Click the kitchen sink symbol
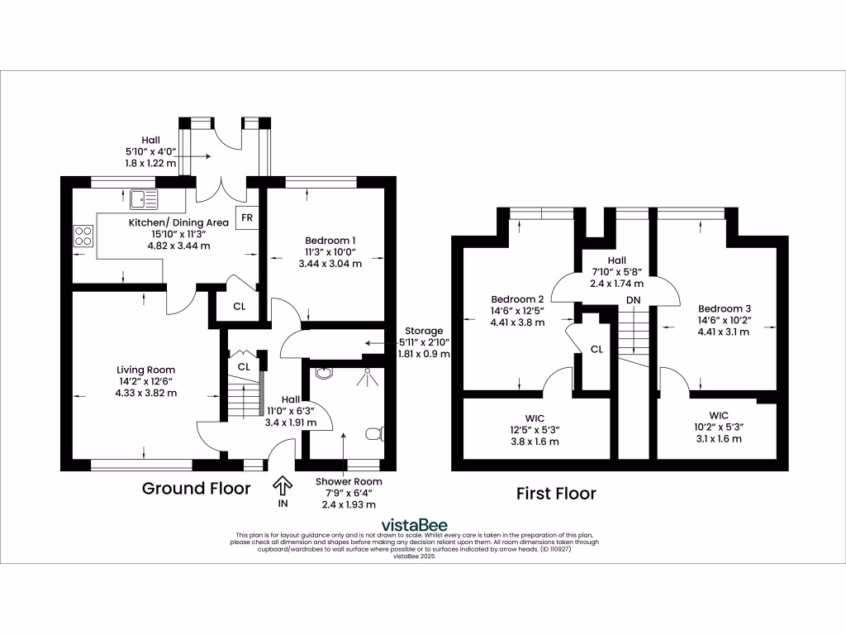(x=143, y=198)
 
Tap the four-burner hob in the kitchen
(x=83, y=236)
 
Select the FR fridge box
(x=246, y=218)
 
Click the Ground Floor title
(x=196, y=489)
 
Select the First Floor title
(x=556, y=494)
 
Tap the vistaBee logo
(x=414, y=525)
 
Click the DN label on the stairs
(x=634, y=299)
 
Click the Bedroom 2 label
(x=517, y=299)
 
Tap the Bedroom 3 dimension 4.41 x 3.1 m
(x=723, y=332)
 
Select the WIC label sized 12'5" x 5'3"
(x=536, y=428)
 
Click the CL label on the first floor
(x=596, y=350)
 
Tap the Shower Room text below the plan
(x=349, y=481)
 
